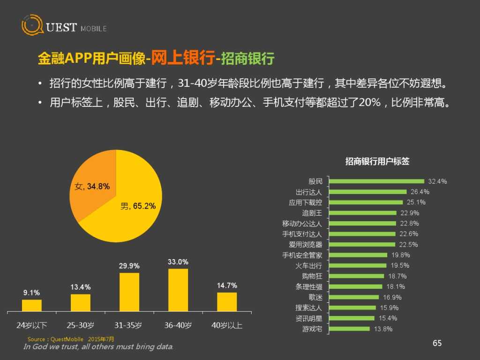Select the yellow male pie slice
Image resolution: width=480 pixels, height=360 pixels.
131,211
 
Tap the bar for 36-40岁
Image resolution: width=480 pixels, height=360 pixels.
178,290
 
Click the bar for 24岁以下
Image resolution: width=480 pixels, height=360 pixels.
32,305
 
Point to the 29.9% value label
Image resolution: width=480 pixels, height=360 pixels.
129,266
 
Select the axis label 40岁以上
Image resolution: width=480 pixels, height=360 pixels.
226,325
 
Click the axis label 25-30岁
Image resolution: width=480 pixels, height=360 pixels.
80,325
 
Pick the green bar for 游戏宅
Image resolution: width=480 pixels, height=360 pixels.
351,329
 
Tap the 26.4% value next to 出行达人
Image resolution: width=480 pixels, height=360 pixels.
420,192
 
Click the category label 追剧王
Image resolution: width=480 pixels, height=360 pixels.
312,213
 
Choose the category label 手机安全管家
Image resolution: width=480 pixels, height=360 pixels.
302,255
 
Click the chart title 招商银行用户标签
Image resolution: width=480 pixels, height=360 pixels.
377,161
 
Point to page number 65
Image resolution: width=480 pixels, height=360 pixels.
437,344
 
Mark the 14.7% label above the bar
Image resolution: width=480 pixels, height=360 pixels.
227,285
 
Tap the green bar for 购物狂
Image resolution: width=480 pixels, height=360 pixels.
356,276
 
